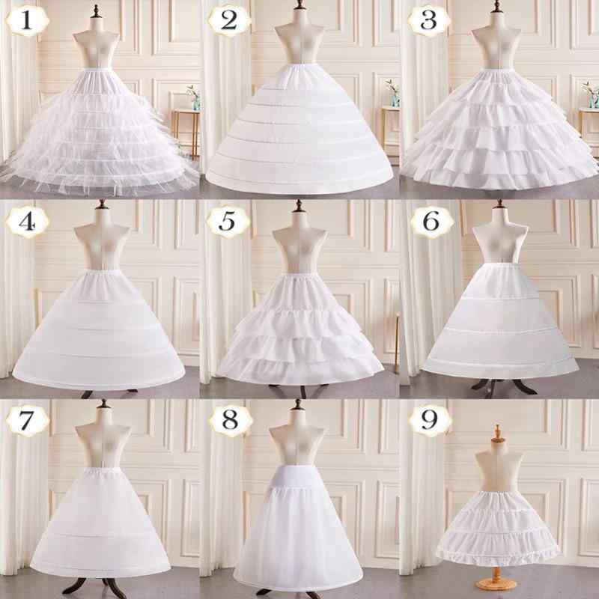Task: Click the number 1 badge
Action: pos(28,21)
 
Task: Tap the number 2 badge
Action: pos(229,21)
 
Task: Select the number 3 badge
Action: pos(429,21)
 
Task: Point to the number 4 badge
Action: pos(28,222)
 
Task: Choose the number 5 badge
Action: pos(228,222)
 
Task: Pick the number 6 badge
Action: pos(432,222)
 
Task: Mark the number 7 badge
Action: pos(28,421)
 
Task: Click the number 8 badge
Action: pos(231,421)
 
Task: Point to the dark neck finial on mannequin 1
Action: pos(96,11)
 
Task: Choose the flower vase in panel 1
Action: pos(194,98)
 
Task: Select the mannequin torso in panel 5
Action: pos(299,245)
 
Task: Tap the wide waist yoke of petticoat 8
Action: pos(297,476)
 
